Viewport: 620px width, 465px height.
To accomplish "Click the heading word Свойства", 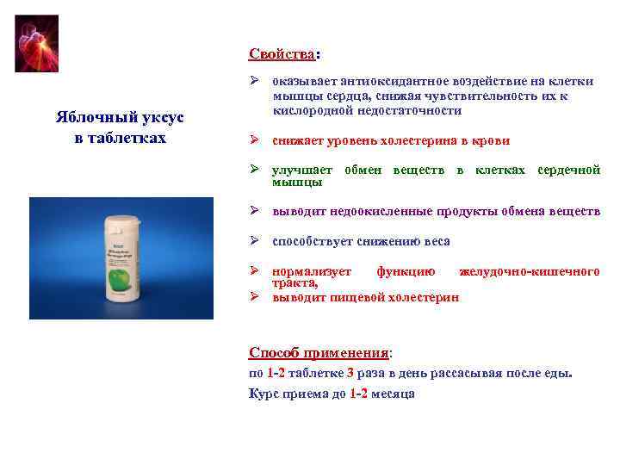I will pos(282,54).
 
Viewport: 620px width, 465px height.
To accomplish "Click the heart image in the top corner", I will pos(37,43).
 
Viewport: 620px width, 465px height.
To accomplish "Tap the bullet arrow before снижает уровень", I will pos(256,140).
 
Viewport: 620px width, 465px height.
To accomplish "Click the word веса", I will pos(435,242).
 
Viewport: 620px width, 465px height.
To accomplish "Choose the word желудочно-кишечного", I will pos(530,271).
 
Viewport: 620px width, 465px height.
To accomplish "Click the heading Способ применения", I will pos(319,352).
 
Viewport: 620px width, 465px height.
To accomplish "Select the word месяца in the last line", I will pos(393,394).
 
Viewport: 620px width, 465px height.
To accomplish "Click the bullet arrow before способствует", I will pos(256,241).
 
